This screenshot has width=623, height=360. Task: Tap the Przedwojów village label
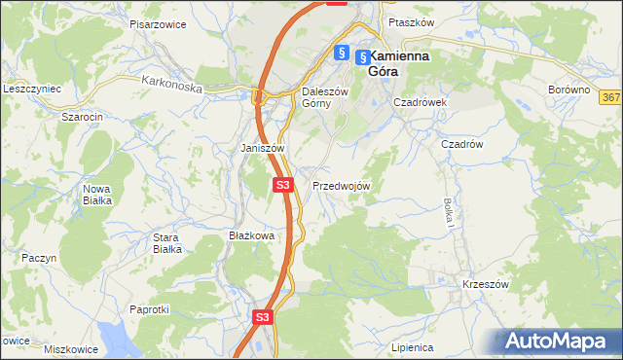(341, 185)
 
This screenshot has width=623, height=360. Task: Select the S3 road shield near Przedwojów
(282, 184)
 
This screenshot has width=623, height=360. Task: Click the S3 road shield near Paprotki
(262, 317)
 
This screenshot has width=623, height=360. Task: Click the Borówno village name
(569, 90)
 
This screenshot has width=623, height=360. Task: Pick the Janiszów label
(262, 148)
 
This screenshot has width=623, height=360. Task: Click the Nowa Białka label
(96, 194)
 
